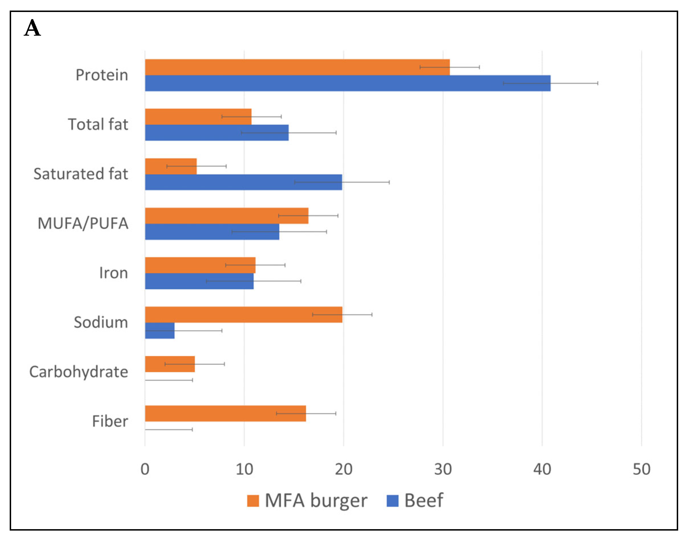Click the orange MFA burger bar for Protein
[297, 67]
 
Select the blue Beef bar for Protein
[347, 83]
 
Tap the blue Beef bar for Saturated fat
[243, 182]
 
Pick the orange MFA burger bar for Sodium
[243, 315]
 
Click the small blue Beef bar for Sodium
[160, 331]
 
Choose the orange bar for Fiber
[225, 414]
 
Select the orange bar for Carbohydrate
[170, 364]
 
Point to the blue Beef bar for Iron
[199, 281]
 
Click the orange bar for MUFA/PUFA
[227, 216]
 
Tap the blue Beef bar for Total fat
[217, 132]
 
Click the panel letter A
[32, 28]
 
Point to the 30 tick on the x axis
[443, 469]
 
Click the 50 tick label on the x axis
[641, 469]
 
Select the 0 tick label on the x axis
[145, 469]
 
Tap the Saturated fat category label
[81, 174]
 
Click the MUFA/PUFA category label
[83, 223]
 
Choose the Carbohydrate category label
[79, 372]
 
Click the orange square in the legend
[253, 501]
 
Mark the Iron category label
[113, 273]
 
